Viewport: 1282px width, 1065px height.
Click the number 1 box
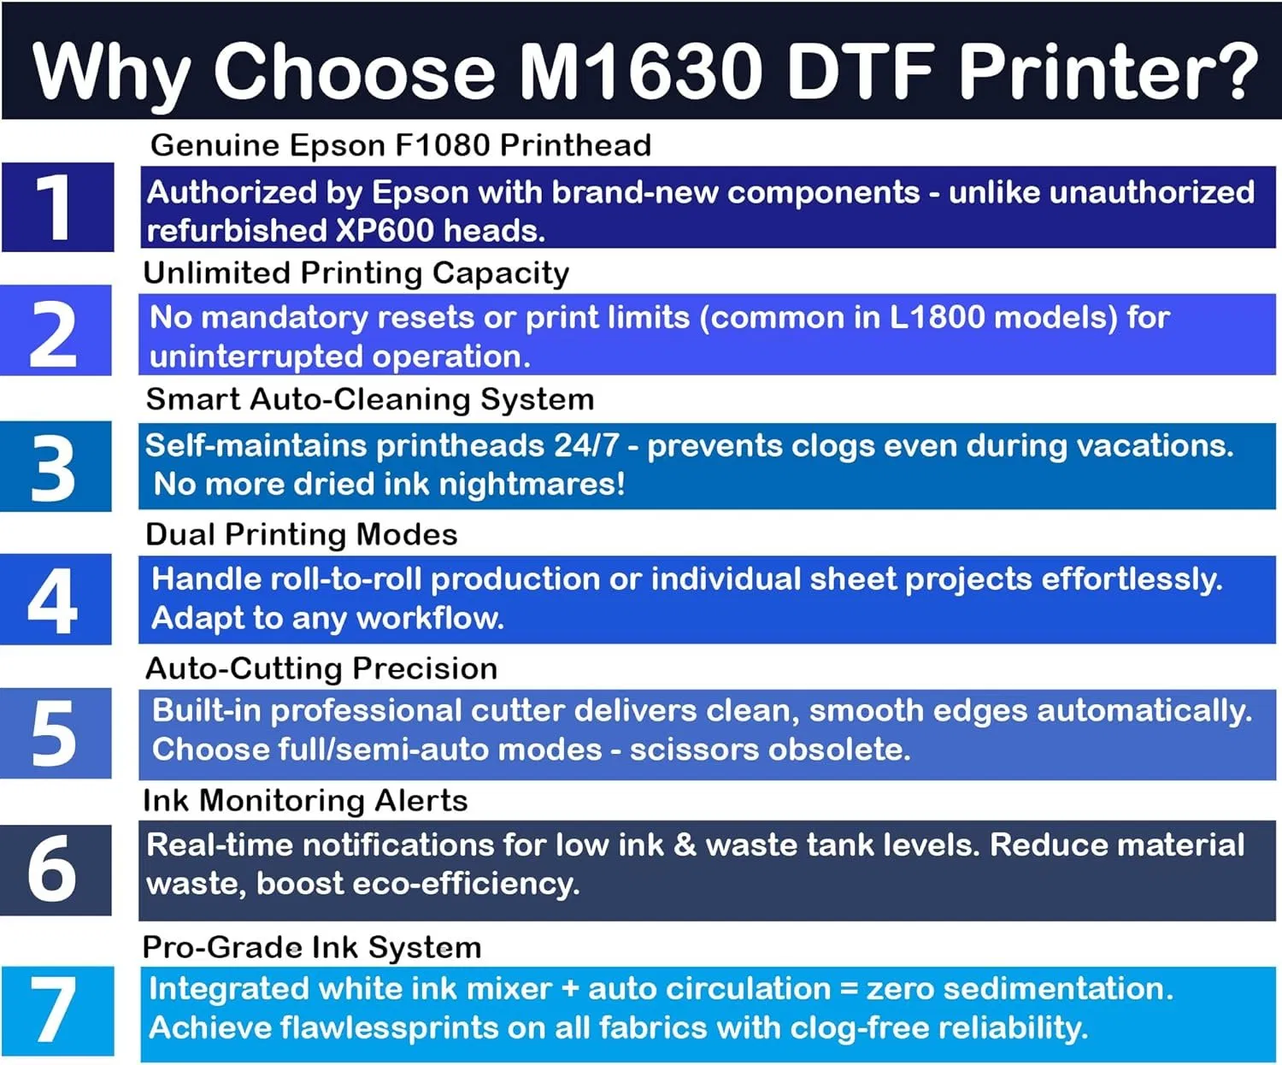(57, 207)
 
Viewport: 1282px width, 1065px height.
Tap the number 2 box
(56, 331)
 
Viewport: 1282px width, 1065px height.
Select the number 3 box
(56, 466)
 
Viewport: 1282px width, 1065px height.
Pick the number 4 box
(56, 599)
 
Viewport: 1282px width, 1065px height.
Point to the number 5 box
(56, 733)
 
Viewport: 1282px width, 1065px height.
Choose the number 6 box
(56, 869)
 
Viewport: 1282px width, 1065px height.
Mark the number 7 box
(57, 1011)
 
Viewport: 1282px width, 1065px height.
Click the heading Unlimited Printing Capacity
(356, 273)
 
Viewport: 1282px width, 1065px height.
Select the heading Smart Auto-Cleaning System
(370, 399)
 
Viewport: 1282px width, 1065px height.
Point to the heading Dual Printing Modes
(302, 534)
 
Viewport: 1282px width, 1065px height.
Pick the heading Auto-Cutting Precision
(321, 668)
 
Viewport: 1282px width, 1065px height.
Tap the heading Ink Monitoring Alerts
(305, 801)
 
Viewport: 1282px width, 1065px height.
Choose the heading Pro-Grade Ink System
(312, 947)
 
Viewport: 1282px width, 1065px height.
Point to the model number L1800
(937, 318)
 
